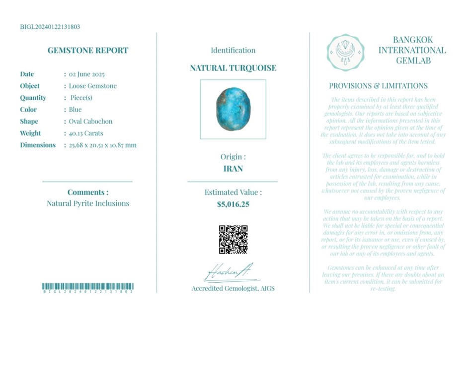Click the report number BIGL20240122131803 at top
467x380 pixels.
tap(50, 27)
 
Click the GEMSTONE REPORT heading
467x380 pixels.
tap(88, 50)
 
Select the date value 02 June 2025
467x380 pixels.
tap(86, 74)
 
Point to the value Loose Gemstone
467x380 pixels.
tap(92, 86)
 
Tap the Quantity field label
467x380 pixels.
tap(33, 98)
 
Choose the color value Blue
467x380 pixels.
tap(75, 110)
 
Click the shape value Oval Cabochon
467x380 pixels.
tap(90, 122)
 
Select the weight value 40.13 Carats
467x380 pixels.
tap(86, 133)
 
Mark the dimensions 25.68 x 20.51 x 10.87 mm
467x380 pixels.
tap(102, 145)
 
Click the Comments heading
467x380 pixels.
tap(88, 192)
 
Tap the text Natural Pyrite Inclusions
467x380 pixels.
tap(88, 203)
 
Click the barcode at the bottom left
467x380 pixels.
tap(88, 287)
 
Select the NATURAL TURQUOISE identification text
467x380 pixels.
tap(233, 68)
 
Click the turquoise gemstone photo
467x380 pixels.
tap(233, 109)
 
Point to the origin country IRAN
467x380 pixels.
tap(233, 169)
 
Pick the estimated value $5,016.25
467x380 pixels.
tap(233, 204)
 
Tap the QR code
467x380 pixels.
tap(233, 240)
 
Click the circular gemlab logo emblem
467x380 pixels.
tap(345, 52)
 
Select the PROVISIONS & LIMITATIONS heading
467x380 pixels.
tap(378, 86)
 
